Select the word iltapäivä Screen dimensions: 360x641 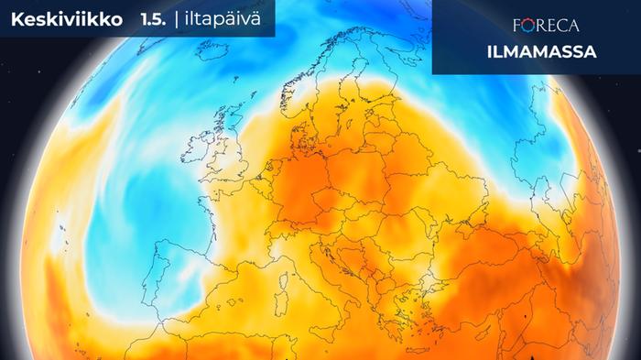[x=231, y=19]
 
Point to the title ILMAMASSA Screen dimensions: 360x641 [x=541, y=52]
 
